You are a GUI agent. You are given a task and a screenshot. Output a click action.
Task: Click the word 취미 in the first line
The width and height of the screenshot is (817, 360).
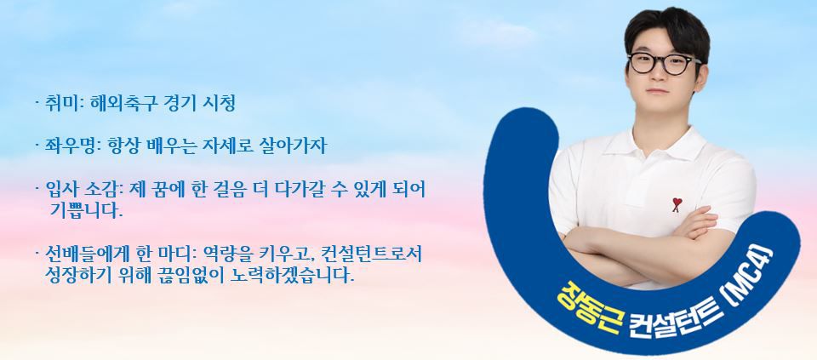point(59,104)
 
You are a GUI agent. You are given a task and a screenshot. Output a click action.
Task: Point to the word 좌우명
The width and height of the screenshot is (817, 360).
point(66,146)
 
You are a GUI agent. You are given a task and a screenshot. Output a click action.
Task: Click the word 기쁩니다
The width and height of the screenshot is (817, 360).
point(87,210)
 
